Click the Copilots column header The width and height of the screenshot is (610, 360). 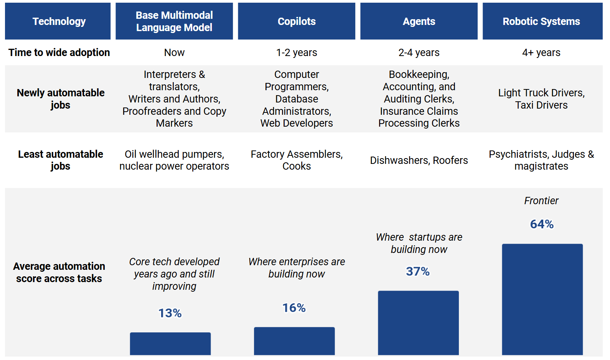[297, 21]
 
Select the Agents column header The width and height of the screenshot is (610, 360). [419, 21]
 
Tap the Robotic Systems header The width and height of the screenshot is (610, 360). [542, 21]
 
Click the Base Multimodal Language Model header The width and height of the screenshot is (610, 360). [174, 21]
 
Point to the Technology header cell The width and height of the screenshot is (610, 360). [58, 21]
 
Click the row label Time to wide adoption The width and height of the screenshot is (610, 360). [59, 53]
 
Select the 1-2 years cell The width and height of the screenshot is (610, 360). [297, 53]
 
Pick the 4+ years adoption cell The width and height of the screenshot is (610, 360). [541, 53]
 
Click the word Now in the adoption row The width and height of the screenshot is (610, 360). [174, 53]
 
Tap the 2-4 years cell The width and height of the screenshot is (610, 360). [419, 53]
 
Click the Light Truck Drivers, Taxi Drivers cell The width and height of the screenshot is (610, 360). [541, 99]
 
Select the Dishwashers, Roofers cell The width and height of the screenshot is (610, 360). [419, 160]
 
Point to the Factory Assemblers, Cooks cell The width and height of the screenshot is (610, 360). [297, 160]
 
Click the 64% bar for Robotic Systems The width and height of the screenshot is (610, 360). [542, 299]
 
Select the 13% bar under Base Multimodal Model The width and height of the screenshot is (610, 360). [170, 343]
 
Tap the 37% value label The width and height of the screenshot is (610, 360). [418, 271]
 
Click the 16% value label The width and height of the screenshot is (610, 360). [294, 308]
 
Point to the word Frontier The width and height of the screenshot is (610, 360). [541, 201]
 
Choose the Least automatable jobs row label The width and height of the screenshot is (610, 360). [61, 160]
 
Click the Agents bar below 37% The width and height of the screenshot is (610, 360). [418, 323]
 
